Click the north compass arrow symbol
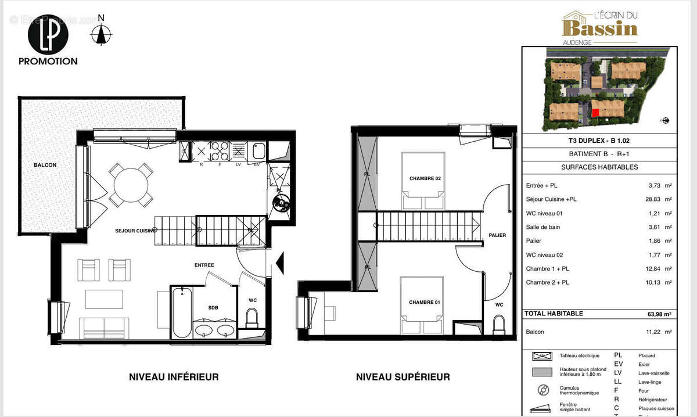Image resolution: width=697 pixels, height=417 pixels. click(x=102, y=35)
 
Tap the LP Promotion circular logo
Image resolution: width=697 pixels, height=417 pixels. click(x=48, y=34)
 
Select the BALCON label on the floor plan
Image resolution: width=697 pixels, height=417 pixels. click(x=45, y=166)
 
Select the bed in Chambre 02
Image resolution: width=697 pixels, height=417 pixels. click(x=423, y=181)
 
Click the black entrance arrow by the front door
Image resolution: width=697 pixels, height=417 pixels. click(x=279, y=263)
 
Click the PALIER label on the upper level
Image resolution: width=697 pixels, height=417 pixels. click(x=498, y=235)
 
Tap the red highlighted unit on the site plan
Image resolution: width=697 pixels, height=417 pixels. click(x=595, y=113)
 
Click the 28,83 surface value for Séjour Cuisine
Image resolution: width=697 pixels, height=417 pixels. click(x=656, y=199)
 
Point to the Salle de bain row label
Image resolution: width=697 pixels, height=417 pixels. click(x=543, y=227)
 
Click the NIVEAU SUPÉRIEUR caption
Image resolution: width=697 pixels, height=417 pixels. click(x=403, y=377)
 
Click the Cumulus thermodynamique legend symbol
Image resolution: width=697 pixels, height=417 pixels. click(x=544, y=390)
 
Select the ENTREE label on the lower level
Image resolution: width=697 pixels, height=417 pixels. click(x=204, y=265)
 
